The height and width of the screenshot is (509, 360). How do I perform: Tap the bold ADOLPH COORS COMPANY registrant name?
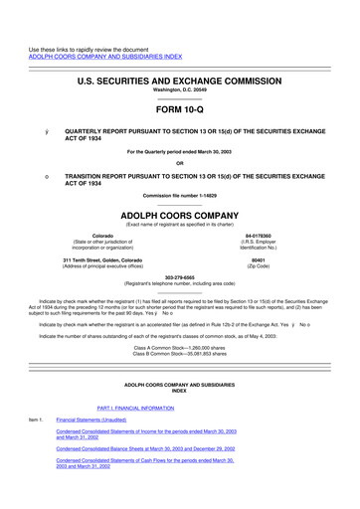coord(179,211)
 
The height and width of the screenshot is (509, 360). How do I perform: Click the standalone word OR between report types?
coord(179,163)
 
